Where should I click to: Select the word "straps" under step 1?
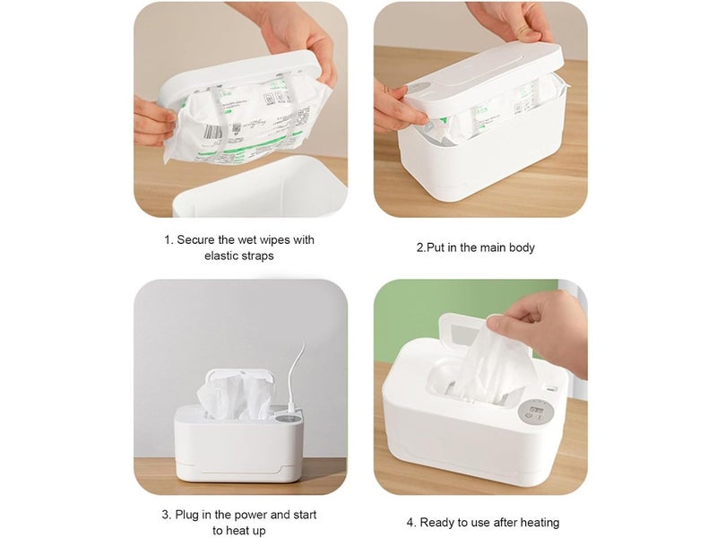click(x=260, y=256)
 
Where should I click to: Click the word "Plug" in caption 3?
click(x=190, y=515)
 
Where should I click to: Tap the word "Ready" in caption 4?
click(x=437, y=522)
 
